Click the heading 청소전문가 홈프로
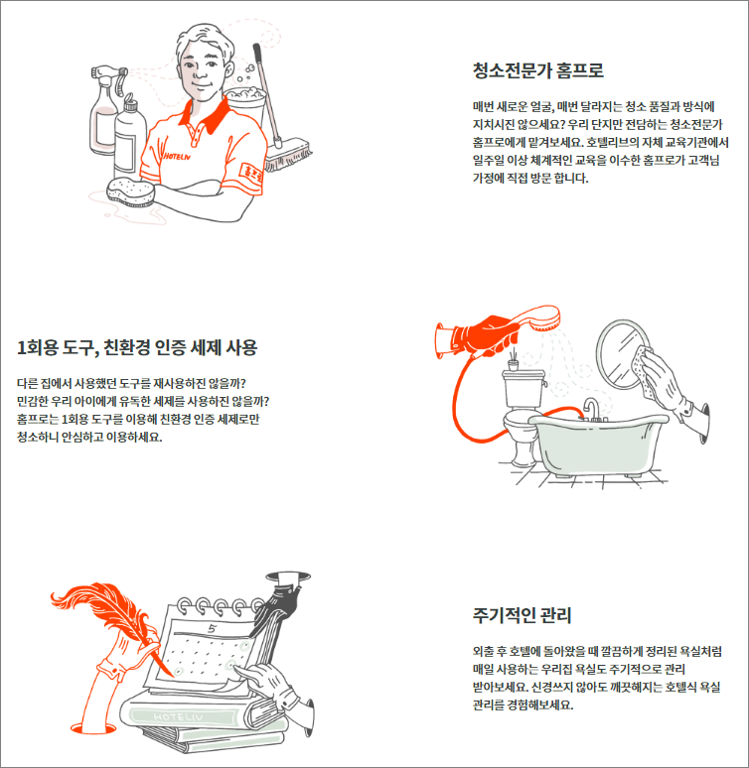[x=537, y=70]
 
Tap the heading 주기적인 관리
[x=522, y=615]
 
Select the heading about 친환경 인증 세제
[x=137, y=347]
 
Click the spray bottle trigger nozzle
[x=109, y=74]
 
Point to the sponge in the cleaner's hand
[x=130, y=192]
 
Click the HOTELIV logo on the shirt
[x=177, y=156]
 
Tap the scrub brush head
[x=288, y=156]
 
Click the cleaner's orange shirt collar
[x=206, y=115]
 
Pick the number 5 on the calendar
[x=212, y=628]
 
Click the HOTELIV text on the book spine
[x=178, y=716]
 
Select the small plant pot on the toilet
[x=513, y=364]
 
